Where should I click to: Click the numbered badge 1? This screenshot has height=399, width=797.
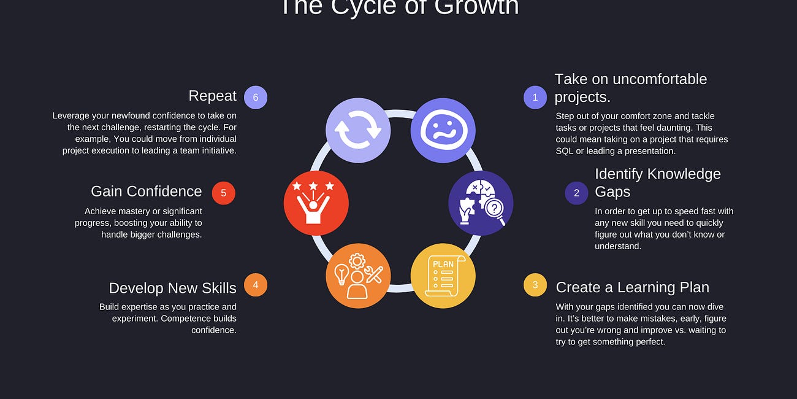pyautogui.click(x=535, y=97)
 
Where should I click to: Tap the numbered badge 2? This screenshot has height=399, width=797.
pyautogui.click(x=576, y=193)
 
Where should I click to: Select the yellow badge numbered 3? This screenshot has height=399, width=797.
pyautogui.click(x=535, y=285)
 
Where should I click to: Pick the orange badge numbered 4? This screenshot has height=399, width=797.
pyautogui.click(x=256, y=285)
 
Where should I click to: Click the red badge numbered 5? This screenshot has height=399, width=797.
pyautogui.click(x=223, y=193)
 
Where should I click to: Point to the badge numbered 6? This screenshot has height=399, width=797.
pyautogui.click(x=256, y=97)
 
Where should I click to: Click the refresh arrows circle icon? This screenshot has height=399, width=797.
pyautogui.click(x=358, y=130)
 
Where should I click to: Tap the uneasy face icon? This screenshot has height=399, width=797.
pyautogui.click(x=443, y=130)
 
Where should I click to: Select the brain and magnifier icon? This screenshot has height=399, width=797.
pyautogui.click(x=481, y=203)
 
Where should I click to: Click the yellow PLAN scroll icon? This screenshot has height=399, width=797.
pyautogui.click(x=443, y=276)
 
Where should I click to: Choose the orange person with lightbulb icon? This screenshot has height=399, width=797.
pyautogui.click(x=358, y=276)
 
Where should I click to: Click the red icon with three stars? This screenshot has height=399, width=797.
pyautogui.click(x=316, y=203)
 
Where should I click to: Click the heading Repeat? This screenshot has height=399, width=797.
pyautogui.click(x=212, y=96)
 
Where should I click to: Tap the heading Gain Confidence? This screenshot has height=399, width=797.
pyautogui.click(x=146, y=192)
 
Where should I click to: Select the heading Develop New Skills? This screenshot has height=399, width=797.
pyautogui.click(x=172, y=288)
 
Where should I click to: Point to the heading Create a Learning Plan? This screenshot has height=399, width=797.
pyautogui.click(x=632, y=287)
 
